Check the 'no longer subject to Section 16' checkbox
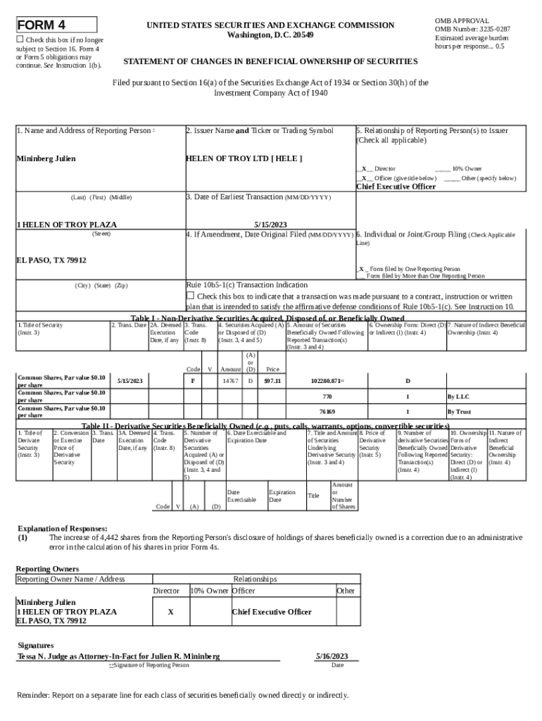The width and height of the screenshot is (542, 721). coord(20,40)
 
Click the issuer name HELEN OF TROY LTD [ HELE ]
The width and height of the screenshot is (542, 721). coord(244,158)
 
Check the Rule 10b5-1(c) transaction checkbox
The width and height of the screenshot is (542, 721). coord(189,296)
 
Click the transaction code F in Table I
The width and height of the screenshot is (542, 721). coord(193,381)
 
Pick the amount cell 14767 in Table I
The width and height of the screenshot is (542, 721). coord(230,381)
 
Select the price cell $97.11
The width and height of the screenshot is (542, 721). coord(272,381)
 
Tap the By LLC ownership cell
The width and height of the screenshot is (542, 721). coord(459,397)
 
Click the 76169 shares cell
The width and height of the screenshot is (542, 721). coord(327,411)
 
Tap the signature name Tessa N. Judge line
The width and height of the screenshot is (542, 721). coord(118,656)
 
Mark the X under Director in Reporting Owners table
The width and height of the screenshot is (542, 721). coord(170,612)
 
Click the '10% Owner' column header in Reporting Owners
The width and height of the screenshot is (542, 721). coord(209,591)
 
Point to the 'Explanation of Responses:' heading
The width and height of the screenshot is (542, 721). coord(62,528)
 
